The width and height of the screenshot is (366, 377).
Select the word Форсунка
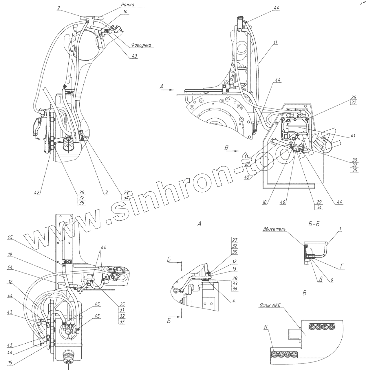tap(142, 45)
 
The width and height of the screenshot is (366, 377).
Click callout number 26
tap(354, 97)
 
